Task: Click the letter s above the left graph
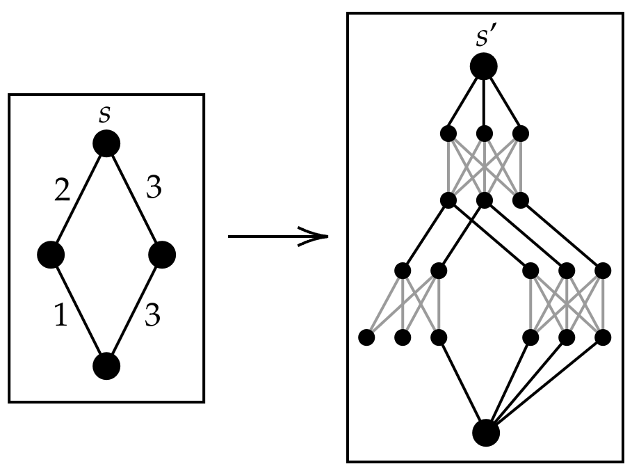[105, 115]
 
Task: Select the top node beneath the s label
[106, 143]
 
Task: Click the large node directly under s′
[483, 67]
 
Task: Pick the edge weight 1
[61, 317]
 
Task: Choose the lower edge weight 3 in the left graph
[153, 317]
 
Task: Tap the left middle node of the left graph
[51, 255]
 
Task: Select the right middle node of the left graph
[162, 255]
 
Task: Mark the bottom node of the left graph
[106, 365]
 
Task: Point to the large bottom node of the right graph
[486, 432]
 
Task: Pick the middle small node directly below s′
[485, 131]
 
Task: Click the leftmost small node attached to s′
[448, 131]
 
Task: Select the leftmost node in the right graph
[366, 338]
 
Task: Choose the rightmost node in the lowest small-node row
[603, 338]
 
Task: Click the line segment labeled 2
[79, 199]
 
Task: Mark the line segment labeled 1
[79, 310]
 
